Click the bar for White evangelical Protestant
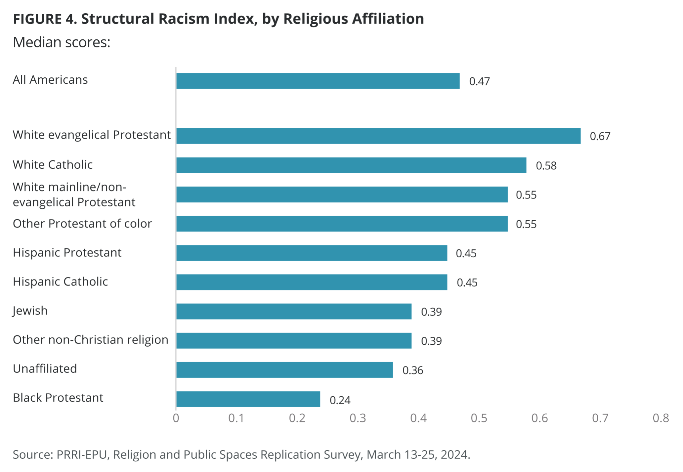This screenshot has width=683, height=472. point(378,136)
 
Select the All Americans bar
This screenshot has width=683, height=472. point(318,81)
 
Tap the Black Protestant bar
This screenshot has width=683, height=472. point(248,399)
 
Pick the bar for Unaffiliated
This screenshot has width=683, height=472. point(284,370)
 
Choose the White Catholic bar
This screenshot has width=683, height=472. point(351,165)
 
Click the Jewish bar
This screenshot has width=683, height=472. point(294,312)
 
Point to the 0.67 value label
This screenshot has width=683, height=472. point(600,136)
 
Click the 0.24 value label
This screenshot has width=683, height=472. point(340,400)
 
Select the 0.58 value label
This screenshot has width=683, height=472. point(546,166)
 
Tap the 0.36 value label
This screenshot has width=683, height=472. point(413,370)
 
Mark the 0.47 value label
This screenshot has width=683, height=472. point(479,81)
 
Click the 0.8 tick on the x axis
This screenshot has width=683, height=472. point(661,418)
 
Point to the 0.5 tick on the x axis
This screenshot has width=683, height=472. point(479,418)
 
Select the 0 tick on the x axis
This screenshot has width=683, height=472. point(176,418)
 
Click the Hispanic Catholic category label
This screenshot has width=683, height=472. point(60,282)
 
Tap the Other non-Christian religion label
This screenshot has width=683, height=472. point(90,340)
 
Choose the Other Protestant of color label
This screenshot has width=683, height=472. point(82,223)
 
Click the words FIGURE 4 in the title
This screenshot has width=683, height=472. point(45,19)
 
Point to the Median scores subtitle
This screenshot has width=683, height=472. point(61,42)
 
